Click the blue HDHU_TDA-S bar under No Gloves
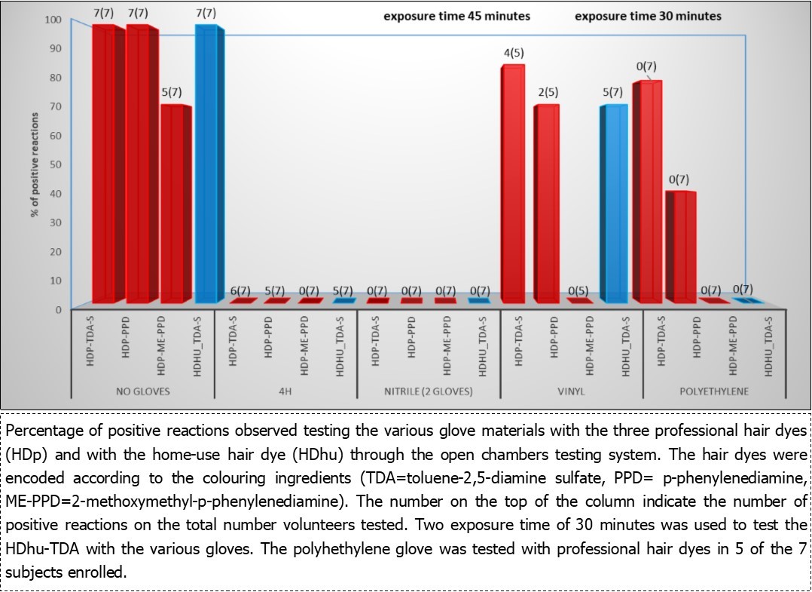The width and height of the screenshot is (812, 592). coord(206,162)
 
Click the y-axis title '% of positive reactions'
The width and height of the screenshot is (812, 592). coord(35,164)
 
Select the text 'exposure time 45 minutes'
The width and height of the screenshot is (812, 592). coord(457,16)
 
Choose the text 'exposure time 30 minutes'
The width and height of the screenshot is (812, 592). coord(648,16)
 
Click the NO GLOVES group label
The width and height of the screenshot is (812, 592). coord(142,392)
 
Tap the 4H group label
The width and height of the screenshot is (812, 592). coord(285,392)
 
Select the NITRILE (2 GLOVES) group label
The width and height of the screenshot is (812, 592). coord(428,392)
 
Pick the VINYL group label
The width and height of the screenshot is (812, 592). coord(571,392)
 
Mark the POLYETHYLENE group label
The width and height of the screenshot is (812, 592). coord(713,392)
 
